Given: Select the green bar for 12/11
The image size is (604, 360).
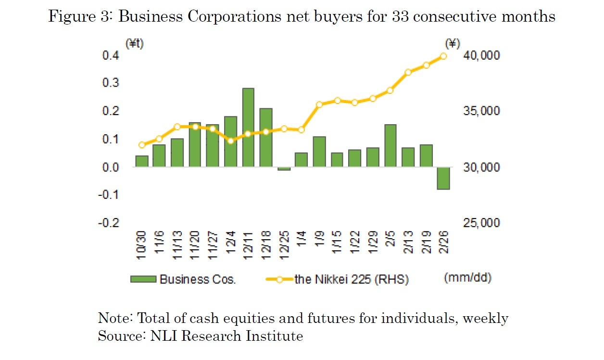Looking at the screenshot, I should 248,128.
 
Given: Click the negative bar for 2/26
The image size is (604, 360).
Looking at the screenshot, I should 443,178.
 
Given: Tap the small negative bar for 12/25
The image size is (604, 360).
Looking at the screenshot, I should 284,169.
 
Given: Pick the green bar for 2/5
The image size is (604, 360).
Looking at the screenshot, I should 390,146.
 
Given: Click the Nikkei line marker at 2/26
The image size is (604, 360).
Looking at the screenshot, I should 443,56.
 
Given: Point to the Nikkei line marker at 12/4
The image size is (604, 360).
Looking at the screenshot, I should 230,141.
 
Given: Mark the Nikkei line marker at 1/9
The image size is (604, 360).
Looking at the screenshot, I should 319,104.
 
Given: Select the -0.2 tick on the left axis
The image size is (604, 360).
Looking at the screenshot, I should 109,223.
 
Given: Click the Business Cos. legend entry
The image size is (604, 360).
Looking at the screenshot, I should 183,279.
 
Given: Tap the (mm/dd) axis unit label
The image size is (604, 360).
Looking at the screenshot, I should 467,278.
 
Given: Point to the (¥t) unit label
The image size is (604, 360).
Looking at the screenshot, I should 135,43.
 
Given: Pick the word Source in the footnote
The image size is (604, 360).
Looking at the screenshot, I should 115,335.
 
